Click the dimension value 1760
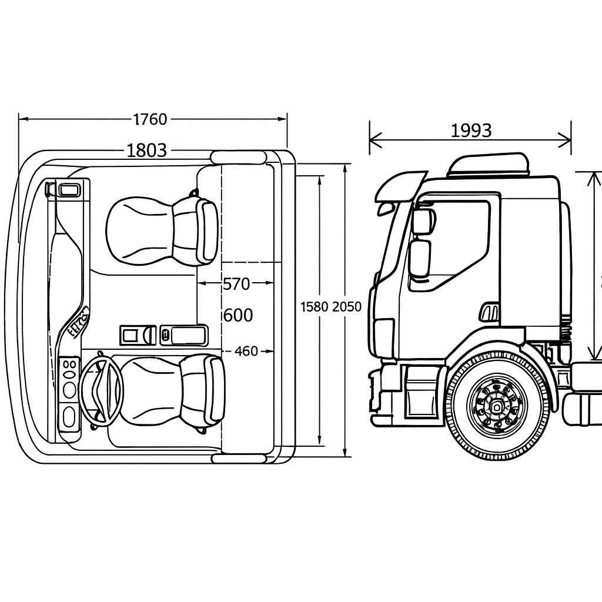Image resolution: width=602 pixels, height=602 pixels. [150, 119]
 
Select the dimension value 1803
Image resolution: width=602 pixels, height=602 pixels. [147, 150]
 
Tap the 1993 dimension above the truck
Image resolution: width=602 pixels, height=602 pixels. [471, 131]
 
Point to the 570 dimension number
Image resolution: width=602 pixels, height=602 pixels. [236, 284]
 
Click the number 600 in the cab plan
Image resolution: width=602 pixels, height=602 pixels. [238, 316]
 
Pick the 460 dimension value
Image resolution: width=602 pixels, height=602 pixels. [246, 352]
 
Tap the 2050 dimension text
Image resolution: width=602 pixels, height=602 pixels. [347, 306]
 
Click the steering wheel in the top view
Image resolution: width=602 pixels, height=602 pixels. [101, 389]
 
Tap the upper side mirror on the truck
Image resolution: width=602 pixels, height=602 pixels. [422, 221]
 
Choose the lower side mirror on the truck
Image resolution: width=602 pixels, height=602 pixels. [419, 258]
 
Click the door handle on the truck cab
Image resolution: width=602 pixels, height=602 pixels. [489, 312]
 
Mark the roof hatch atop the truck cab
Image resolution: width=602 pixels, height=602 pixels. [488, 165]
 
